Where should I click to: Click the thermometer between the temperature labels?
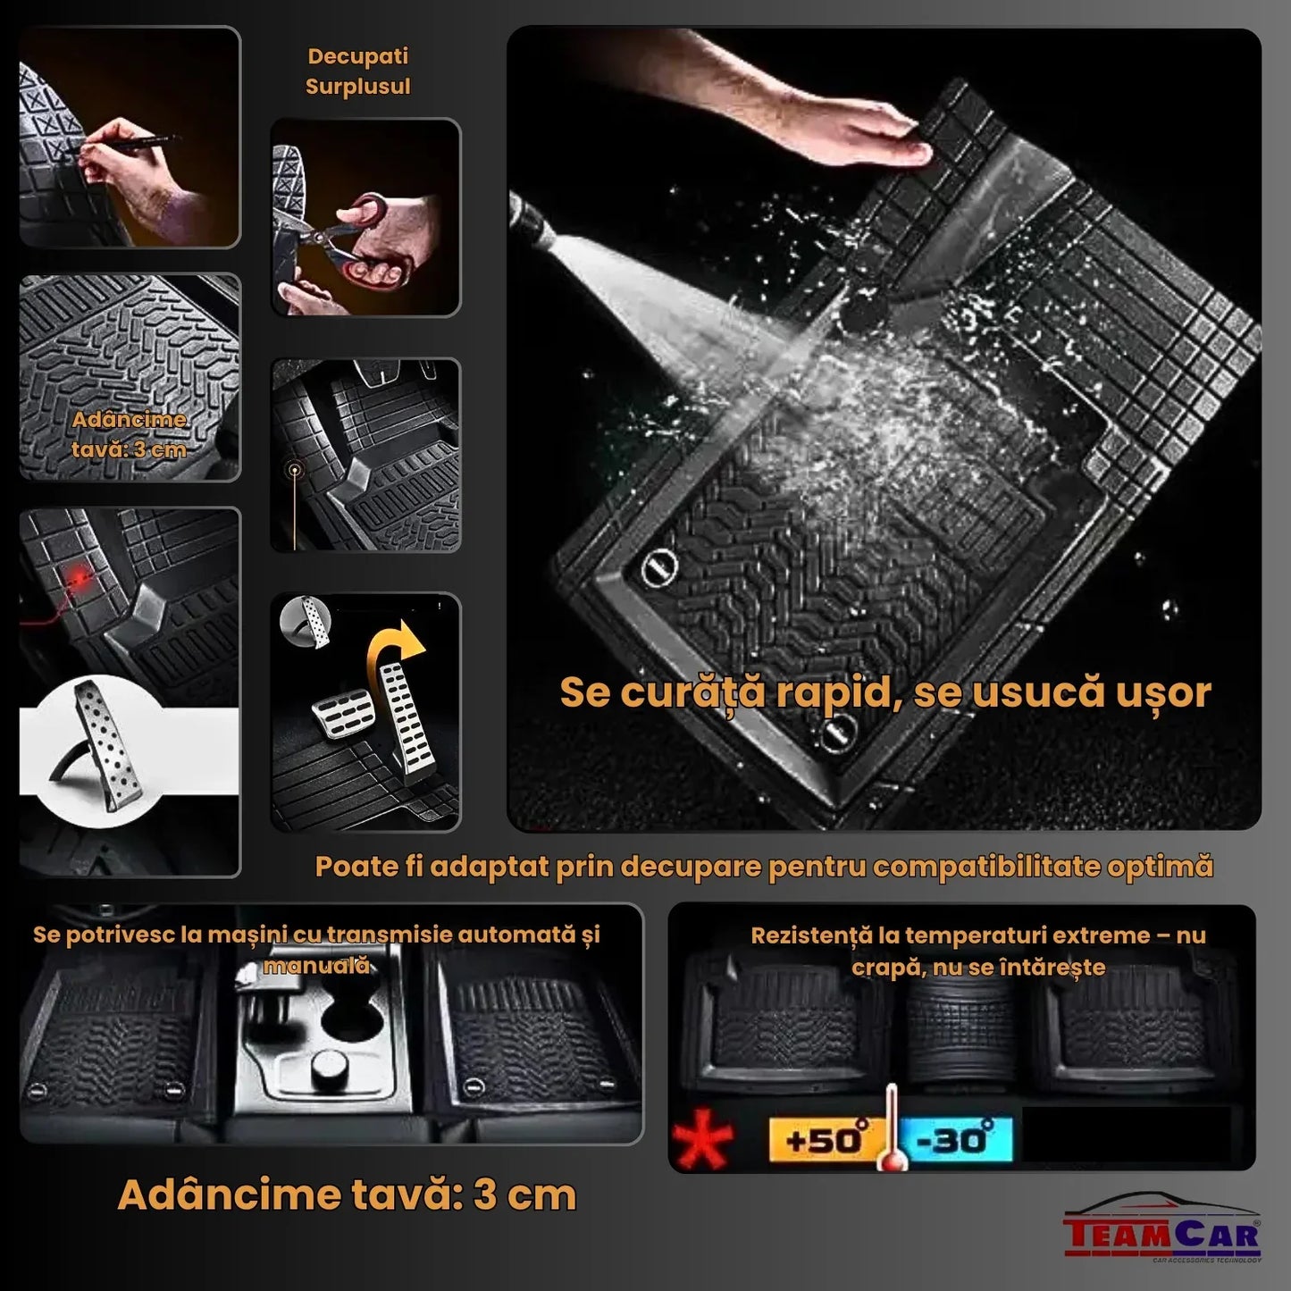(x=890, y=1130)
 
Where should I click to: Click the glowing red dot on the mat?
(x=87, y=581)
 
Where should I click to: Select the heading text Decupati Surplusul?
(x=357, y=71)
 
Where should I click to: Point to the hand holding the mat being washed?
(x=849, y=134)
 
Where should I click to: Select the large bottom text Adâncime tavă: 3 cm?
(x=347, y=1195)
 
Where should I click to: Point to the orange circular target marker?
(x=294, y=470)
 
